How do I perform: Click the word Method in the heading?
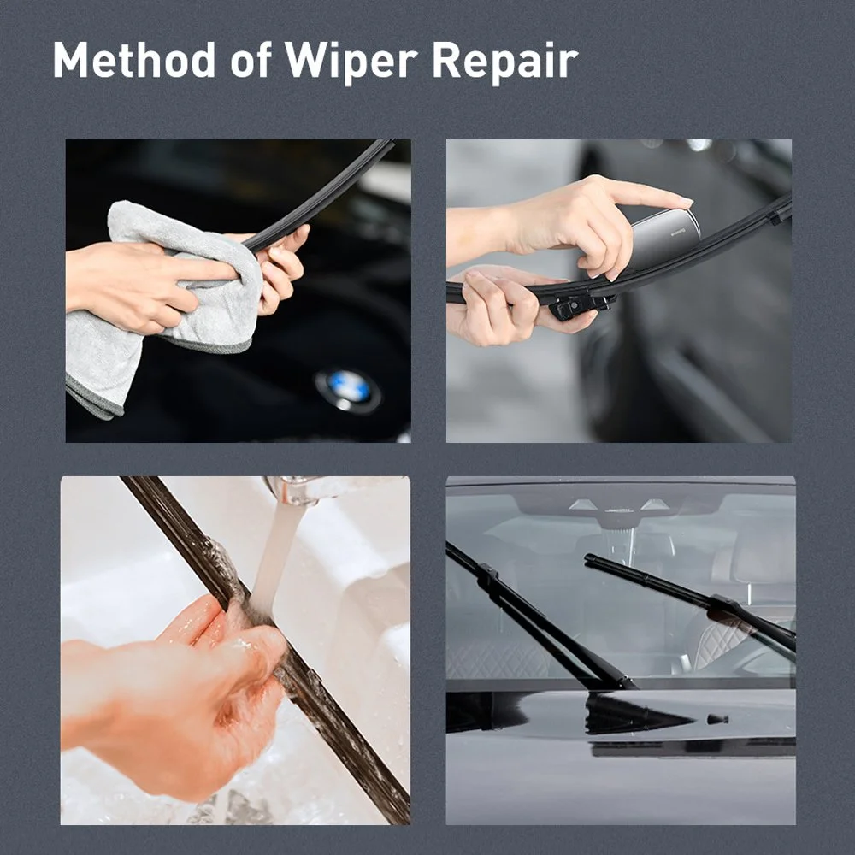[134, 60]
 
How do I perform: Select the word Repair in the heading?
[505, 61]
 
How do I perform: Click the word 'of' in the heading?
[251, 59]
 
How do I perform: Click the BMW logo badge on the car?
[348, 389]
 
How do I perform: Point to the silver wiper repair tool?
[665, 235]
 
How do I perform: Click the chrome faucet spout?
[294, 488]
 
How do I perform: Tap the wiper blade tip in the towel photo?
[387, 144]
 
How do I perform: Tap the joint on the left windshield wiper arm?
[486, 575]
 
